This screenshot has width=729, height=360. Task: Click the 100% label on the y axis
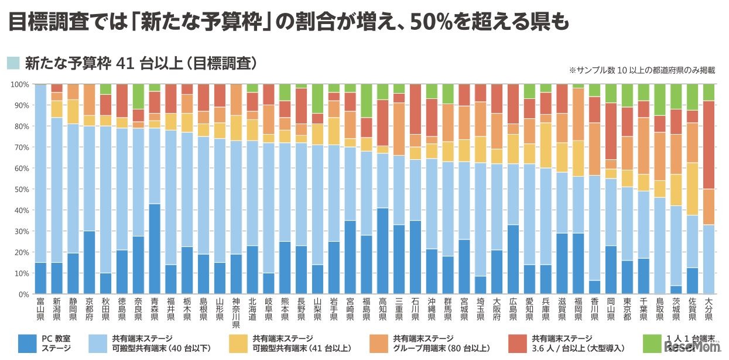pos(19,85)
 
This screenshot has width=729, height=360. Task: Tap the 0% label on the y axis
pos(23,294)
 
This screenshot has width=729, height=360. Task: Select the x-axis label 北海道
pos(252,310)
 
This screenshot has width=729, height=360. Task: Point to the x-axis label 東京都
pos(627,310)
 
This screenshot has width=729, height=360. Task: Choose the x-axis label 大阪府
pos(496,310)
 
